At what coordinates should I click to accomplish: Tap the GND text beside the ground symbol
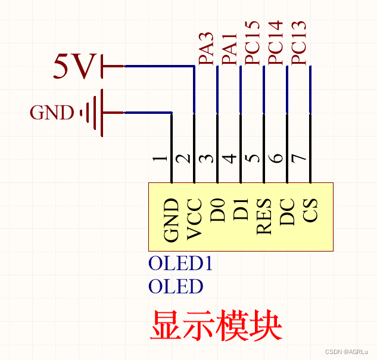point(52,113)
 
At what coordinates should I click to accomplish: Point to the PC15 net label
point(252,43)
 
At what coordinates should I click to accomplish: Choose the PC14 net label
point(275,43)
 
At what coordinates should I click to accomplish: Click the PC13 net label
point(298,43)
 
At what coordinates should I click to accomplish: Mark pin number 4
point(229,159)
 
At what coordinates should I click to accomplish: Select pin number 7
point(299,159)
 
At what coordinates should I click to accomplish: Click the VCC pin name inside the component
point(195,219)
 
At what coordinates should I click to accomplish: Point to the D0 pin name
point(218,212)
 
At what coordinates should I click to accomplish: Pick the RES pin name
point(264,216)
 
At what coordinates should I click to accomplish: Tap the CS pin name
point(310,210)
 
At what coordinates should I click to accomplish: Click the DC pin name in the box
point(288,212)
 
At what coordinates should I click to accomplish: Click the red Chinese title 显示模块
point(216,325)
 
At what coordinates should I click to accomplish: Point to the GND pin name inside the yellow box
point(172,220)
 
